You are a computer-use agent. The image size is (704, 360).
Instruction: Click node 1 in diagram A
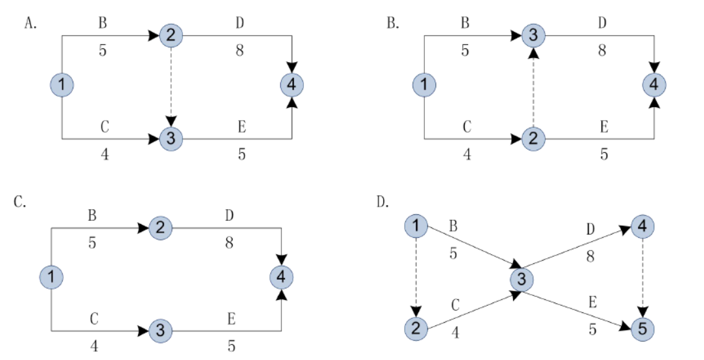62,84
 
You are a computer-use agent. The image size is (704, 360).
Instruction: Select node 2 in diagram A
171,35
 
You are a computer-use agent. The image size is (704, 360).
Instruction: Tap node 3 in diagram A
171,139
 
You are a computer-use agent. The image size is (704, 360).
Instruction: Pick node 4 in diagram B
654,84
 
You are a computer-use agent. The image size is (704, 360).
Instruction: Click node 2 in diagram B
533,139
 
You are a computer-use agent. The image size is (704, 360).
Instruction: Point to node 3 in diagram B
533,35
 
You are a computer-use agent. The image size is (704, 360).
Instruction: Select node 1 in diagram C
51,277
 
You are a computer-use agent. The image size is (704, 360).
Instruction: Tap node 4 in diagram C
282,277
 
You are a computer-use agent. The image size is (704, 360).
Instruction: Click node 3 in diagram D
521,280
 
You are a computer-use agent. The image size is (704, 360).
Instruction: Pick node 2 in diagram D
416,329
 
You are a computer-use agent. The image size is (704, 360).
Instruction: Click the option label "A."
30,24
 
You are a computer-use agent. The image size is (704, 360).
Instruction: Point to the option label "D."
384,202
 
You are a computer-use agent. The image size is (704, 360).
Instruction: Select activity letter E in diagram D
593,302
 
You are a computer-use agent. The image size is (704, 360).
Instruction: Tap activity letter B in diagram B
465,24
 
